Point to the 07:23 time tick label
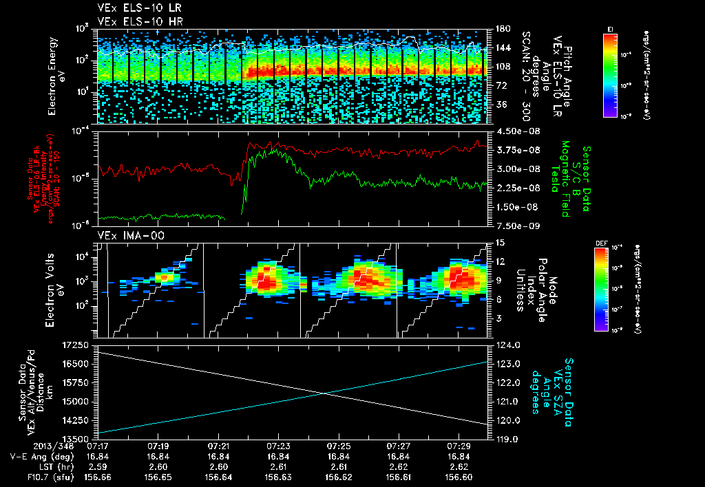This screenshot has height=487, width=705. point(278,446)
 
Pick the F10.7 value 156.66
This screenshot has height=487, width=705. point(98,475)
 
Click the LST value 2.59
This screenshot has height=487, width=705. point(98,466)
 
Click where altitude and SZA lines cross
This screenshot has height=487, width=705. point(324,393)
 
